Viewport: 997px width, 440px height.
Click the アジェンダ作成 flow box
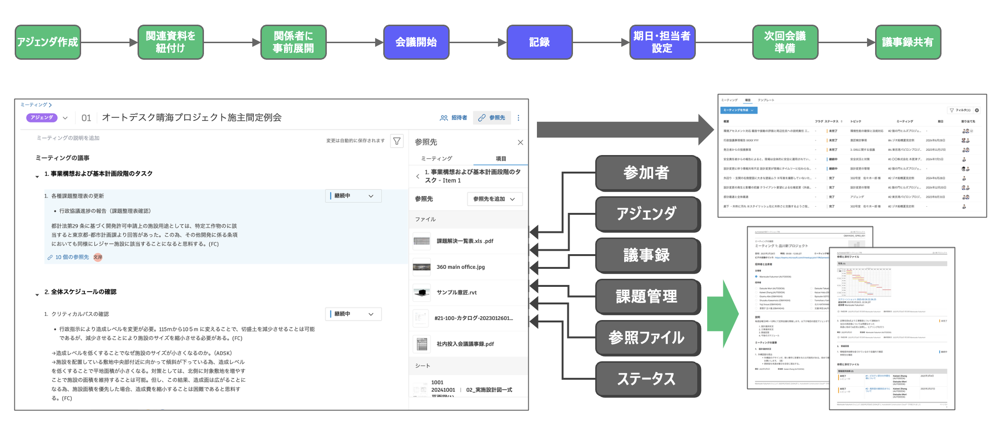click(x=47, y=42)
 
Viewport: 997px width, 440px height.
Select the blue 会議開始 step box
click(x=416, y=42)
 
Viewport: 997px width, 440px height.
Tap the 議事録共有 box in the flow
click(x=907, y=42)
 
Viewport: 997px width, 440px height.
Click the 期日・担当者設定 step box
click(x=662, y=42)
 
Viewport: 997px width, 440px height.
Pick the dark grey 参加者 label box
click(x=647, y=173)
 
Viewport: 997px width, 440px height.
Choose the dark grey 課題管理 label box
click(x=647, y=297)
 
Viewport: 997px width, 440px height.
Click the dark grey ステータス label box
click(x=647, y=379)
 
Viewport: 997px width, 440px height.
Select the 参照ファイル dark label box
click(x=647, y=338)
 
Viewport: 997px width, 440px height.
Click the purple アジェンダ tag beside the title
click(x=42, y=118)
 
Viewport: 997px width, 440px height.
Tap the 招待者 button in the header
click(x=454, y=118)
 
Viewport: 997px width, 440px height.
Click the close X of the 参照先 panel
click(x=520, y=142)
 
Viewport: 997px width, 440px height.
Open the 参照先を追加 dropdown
click(x=494, y=199)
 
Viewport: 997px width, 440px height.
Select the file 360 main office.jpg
click(x=460, y=267)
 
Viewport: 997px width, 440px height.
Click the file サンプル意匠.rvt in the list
click(x=456, y=293)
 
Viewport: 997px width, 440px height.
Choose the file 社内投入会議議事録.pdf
click(x=465, y=344)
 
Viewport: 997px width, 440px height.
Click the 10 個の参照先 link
click(x=72, y=257)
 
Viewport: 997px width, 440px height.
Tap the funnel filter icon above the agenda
click(x=397, y=141)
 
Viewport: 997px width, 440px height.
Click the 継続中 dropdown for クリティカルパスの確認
click(x=353, y=314)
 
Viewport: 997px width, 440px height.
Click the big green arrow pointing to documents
click(x=722, y=314)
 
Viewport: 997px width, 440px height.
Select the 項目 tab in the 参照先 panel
click(x=500, y=159)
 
